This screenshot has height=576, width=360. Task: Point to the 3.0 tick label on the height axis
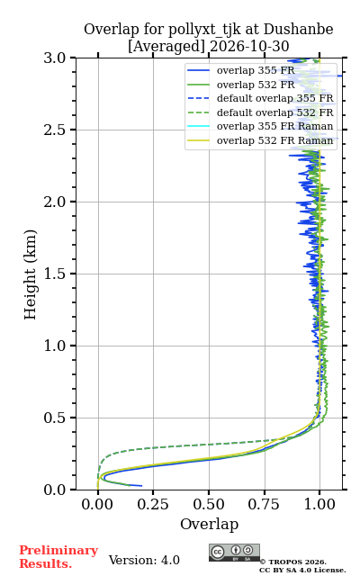pos(55,58)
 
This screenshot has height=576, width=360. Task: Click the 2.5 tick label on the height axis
pos(55,130)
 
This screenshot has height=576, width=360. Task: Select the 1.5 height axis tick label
pos(55,274)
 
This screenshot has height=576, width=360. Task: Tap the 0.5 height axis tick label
pos(55,418)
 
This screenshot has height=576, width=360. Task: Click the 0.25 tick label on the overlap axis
pos(153,504)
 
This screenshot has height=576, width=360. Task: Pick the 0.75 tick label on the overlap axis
pos(264,504)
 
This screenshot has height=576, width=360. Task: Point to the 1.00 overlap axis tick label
pos(319,504)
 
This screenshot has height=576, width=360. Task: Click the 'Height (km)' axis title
pos(30,274)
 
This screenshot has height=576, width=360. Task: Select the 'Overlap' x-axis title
pos(209,524)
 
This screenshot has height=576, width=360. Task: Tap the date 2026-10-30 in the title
pos(249,46)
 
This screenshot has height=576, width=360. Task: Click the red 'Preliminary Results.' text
pos(58,557)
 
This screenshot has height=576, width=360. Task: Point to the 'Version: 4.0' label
pos(144,560)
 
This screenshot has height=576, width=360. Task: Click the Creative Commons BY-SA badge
pos(234,553)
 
